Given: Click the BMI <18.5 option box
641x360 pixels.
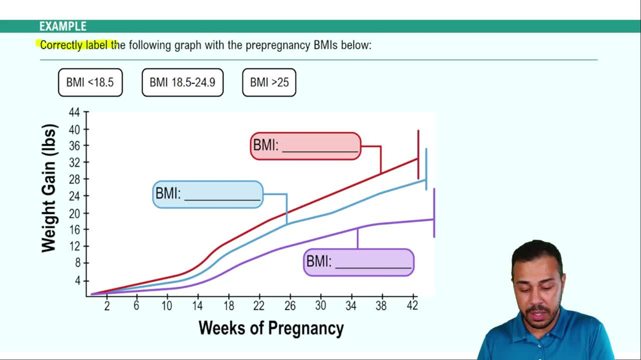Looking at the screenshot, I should (x=90, y=83).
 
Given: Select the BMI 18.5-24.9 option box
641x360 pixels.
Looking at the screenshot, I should (x=182, y=83).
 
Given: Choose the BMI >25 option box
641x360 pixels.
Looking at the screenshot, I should (x=269, y=83).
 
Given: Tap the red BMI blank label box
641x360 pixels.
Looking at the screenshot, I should (x=305, y=146).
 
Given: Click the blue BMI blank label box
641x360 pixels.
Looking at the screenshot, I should (x=208, y=195).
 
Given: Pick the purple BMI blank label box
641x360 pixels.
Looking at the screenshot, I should (x=358, y=263).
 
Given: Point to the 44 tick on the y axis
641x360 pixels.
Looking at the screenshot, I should (x=74, y=113).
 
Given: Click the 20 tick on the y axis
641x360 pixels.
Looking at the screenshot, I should (x=74, y=213).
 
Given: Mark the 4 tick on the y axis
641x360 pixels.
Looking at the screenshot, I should (x=77, y=281).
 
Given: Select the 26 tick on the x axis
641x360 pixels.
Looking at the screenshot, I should (x=290, y=306).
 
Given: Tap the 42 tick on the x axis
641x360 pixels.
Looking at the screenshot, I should (x=412, y=306).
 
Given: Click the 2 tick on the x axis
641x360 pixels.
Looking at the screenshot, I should (x=106, y=306).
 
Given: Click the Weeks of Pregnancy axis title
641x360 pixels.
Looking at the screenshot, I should (x=271, y=329).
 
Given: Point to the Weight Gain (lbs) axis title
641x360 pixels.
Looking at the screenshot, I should (x=49, y=188).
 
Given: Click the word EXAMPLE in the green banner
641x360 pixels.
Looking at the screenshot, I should (x=63, y=26).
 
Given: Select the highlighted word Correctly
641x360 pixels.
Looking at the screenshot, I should (x=62, y=45).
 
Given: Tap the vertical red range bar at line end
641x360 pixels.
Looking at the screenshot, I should (x=419, y=154).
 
